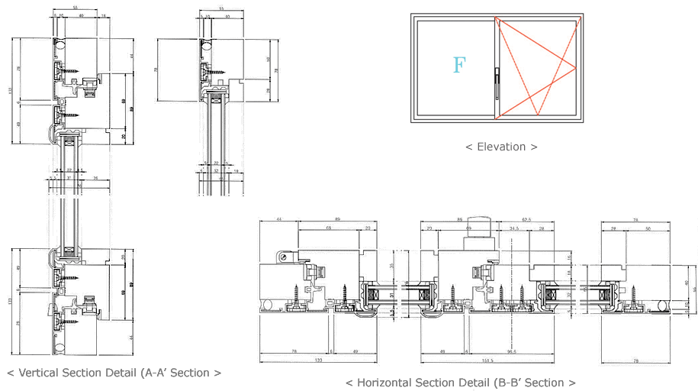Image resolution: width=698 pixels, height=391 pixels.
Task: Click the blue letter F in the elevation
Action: click(458, 65)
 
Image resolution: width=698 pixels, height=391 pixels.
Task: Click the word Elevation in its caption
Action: click(500, 146)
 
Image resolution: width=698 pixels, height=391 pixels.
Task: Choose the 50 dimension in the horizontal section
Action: click(648, 228)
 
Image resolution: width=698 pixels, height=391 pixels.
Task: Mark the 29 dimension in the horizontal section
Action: click(613, 228)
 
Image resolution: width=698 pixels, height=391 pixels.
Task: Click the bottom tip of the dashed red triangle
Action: click(537, 115)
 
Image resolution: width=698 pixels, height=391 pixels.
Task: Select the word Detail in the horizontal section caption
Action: click(457, 383)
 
